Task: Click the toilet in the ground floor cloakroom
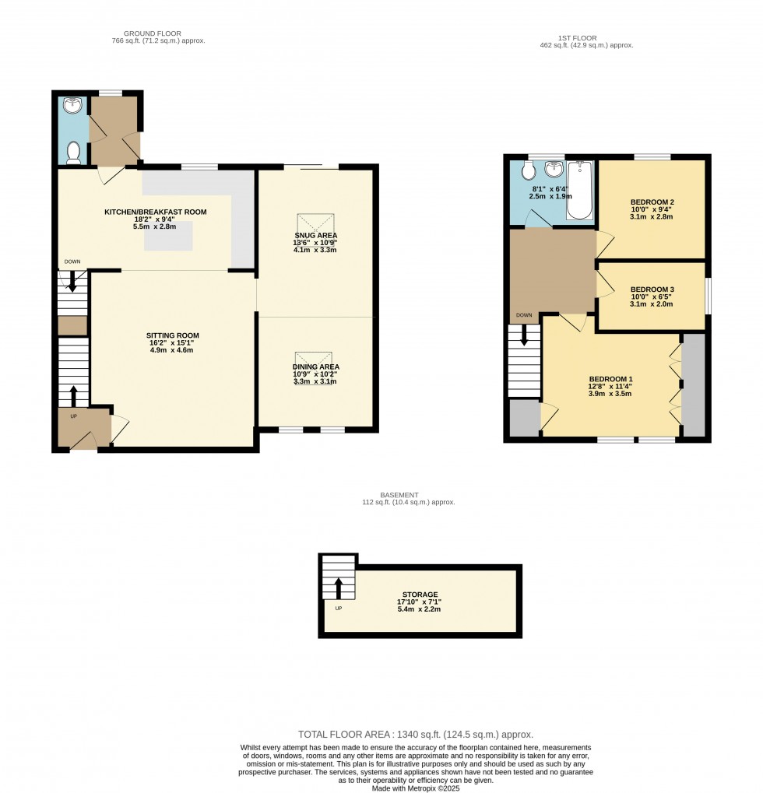74,153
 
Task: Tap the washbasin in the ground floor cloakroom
73,105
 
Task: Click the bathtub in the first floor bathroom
579,191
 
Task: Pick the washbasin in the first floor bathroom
554,169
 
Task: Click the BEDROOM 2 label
652,202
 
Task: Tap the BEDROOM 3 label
652,289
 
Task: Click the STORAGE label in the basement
420,595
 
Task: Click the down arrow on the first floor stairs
524,335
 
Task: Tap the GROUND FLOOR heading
152,33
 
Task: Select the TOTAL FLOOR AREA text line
416,734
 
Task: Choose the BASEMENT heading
399,495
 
